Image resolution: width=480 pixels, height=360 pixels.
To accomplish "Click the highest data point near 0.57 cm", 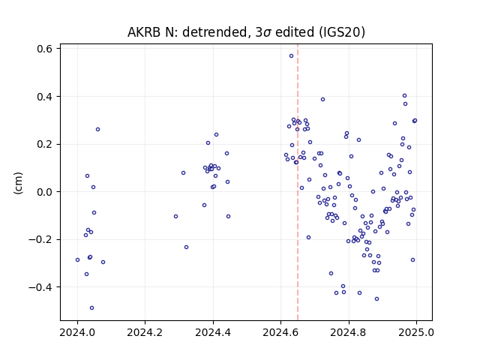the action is point(291,55).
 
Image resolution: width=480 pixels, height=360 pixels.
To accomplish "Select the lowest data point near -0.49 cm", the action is point(91,307).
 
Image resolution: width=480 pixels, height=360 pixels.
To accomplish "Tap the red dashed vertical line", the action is point(298,182).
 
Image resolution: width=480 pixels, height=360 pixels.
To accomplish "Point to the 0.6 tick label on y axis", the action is point(44,49).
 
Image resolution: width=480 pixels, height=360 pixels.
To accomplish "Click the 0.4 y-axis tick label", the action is point(44,97).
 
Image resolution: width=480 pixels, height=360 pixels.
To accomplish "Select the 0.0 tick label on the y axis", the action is point(44,192).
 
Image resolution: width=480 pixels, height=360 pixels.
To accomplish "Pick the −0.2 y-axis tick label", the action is point(40,239).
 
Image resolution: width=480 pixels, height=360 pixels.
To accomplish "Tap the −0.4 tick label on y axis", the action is point(40,287).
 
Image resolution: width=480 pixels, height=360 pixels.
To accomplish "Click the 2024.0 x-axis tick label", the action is point(77,332).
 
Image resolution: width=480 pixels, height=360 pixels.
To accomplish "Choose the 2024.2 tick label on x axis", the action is point(145,332).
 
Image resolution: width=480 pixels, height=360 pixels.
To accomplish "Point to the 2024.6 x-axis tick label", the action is point(280,332).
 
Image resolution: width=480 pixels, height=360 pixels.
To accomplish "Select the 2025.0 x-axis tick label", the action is point(416,332).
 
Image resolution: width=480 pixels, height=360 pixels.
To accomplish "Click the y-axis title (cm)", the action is point(18,183).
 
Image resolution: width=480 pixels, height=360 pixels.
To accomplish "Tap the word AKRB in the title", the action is point(143,32).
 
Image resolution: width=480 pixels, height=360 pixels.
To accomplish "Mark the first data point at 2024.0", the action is point(77,260).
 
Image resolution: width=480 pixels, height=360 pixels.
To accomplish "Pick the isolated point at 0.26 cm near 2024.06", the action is point(97,130).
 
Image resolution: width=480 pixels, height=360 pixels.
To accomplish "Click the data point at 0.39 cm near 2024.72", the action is point(322,100).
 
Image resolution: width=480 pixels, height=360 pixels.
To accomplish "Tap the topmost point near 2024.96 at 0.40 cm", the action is point(404,96).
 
